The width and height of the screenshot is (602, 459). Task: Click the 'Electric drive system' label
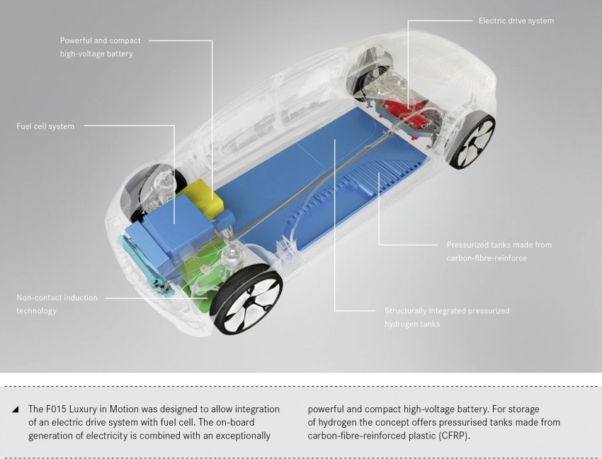516,21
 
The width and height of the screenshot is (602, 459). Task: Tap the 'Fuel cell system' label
45,126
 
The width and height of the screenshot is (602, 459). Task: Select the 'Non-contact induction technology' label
57,304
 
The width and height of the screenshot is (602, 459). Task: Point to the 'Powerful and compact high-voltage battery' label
100,47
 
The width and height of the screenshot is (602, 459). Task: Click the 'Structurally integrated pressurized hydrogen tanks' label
447,317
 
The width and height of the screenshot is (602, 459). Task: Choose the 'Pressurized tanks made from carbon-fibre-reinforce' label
499,251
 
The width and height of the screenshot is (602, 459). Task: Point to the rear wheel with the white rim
472,140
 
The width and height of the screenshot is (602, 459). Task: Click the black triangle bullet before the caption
15,409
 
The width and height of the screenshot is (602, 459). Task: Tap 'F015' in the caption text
56,409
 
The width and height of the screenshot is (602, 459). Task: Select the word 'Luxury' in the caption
84,409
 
